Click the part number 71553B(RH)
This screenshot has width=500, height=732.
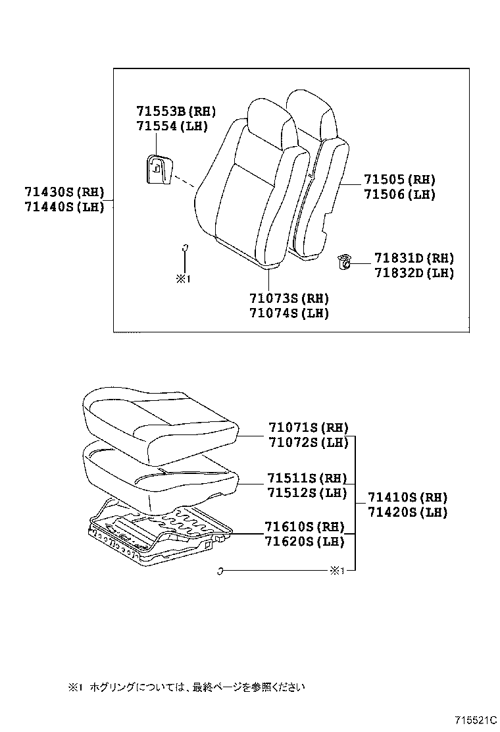point(176,111)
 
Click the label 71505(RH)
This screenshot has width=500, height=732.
point(399,180)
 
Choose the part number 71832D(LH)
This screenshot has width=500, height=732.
point(414,273)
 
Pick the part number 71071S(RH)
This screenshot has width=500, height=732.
point(307,427)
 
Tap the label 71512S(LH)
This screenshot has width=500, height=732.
point(306,492)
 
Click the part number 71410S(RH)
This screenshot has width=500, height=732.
point(407,497)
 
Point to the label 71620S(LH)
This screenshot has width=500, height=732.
point(305,541)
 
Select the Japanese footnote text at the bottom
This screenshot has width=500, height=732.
point(187,687)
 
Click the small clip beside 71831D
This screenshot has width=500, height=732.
point(343,262)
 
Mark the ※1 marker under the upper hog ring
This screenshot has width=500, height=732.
point(182,278)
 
